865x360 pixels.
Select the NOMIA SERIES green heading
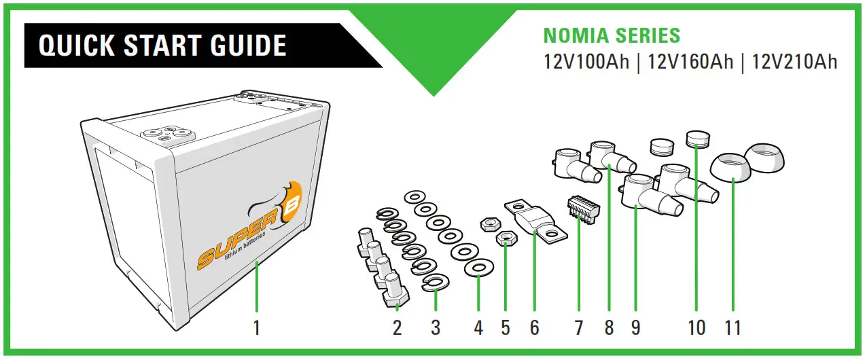(612, 35)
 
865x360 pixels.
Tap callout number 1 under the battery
(257, 328)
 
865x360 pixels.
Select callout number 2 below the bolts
(398, 328)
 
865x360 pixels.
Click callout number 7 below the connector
(578, 328)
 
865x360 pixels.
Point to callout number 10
(696, 328)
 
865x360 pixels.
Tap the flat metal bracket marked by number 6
(533, 220)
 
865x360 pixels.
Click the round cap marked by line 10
(696, 140)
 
